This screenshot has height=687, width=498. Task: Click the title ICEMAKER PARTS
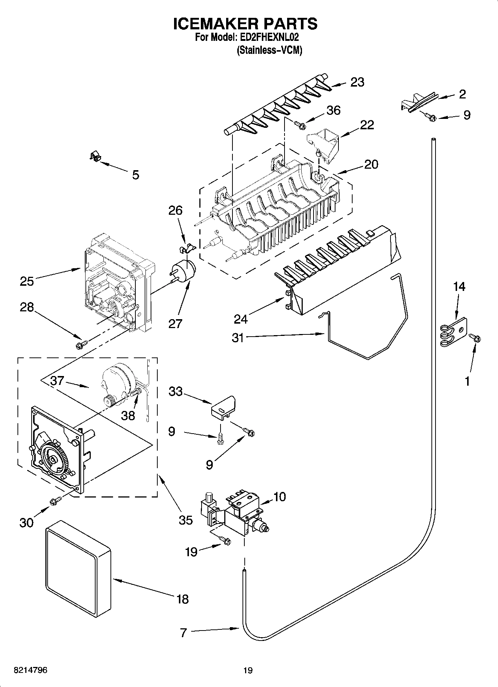[245, 23]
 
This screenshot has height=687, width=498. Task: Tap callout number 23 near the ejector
[357, 82]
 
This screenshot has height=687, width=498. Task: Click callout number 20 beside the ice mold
[371, 164]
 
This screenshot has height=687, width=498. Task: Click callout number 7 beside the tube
[183, 632]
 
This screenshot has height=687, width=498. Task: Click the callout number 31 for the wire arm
[238, 337]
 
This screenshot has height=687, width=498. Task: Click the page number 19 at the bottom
[248, 670]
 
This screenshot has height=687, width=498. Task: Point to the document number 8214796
[30, 670]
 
